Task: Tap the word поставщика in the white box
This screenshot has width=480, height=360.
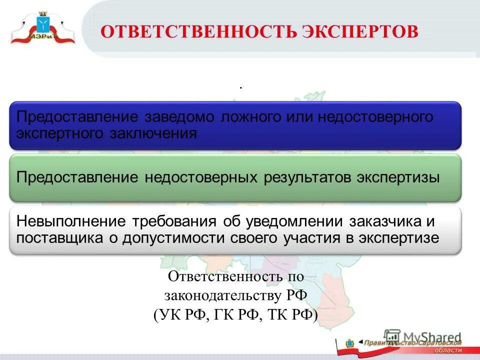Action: click(x=59, y=237)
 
